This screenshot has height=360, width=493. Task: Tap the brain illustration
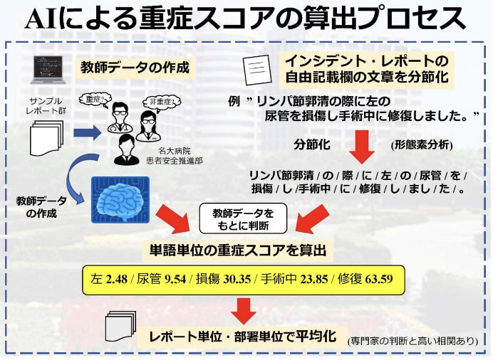click(x=120, y=200)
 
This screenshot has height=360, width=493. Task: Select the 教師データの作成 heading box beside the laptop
click(x=135, y=68)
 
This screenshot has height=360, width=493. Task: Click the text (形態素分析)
click(x=421, y=144)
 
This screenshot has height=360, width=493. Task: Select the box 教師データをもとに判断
click(x=244, y=218)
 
